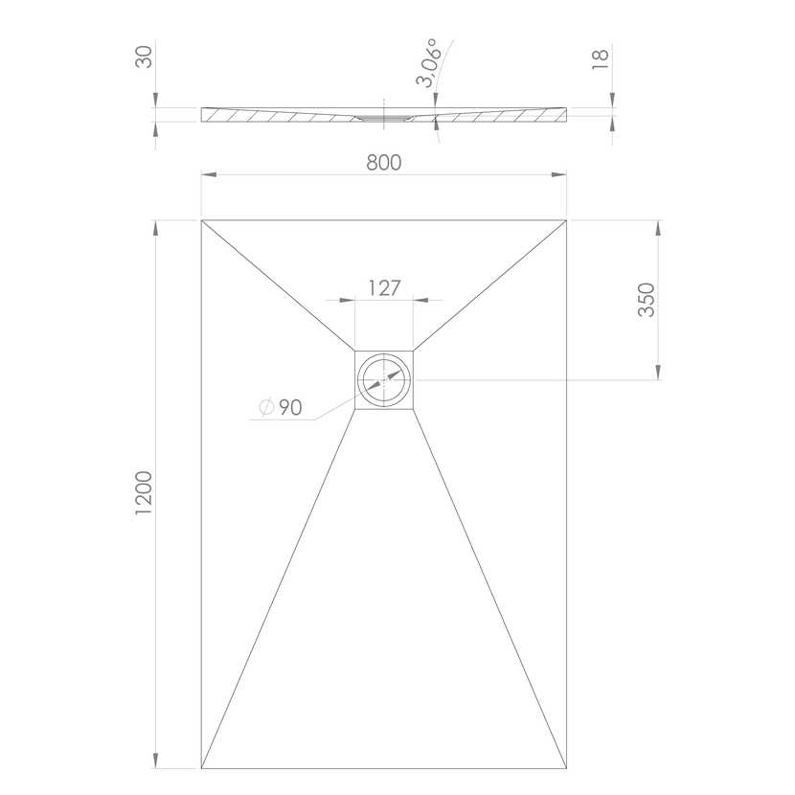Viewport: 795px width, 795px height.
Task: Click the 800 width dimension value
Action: [384, 163]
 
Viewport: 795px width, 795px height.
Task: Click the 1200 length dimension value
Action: [144, 493]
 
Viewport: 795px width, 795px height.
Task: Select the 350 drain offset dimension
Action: [647, 300]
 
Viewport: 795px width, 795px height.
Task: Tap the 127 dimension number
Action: [384, 288]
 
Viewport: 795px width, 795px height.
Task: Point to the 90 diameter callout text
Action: [291, 407]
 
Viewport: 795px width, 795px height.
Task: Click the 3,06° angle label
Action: [428, 62]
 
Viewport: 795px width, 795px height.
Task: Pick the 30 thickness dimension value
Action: [144, 57]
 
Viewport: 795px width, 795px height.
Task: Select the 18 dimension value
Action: [601, 59]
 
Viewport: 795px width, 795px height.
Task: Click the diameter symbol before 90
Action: [266, 407]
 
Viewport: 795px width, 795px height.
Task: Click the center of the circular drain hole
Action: [384, 379]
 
